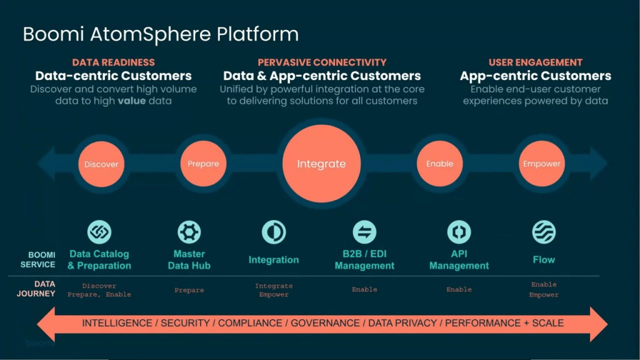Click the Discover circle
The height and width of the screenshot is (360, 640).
(x=101, y=164)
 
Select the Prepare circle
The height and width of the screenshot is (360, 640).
(x=203, y=164)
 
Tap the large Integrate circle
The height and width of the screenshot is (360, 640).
(x=321, y=164)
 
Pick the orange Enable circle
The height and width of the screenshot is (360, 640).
(x=439, y=164)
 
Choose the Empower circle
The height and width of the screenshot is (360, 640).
(x=541, y=164)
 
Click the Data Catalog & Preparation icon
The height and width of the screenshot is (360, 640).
(x=99, y=232)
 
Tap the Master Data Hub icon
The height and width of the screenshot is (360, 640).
(x=189, y=232)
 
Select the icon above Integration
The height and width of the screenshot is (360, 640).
(x=274, y=232)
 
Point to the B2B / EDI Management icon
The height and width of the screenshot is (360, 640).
(x=364, y=232)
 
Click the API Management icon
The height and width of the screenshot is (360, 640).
(x=459, y=232)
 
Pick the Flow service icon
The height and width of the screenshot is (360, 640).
(x=544, y=232)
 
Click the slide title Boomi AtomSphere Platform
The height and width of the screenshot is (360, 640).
(x=161, y=34)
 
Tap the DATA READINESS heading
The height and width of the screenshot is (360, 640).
(x=113, y=62)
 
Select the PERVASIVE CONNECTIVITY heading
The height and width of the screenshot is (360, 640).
(x=322, y=62)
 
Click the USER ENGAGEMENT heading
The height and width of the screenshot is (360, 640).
(x=535, y=62)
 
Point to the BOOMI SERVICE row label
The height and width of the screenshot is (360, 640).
(x=42, y=260)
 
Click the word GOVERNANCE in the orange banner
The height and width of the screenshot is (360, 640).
(x=325, y=323)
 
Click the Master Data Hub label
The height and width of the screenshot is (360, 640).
(x=189, y=259)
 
